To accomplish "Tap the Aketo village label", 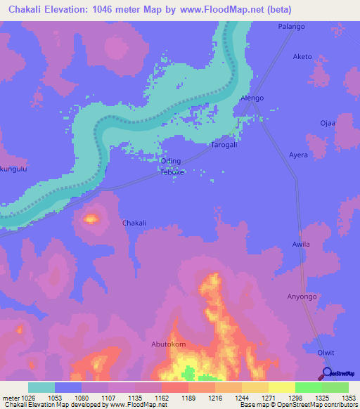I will click(x=302, y=57).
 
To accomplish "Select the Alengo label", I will click(x=252, y=98).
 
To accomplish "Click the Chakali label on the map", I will click(x=134, y=223).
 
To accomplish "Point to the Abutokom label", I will click(x=169, y=344).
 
